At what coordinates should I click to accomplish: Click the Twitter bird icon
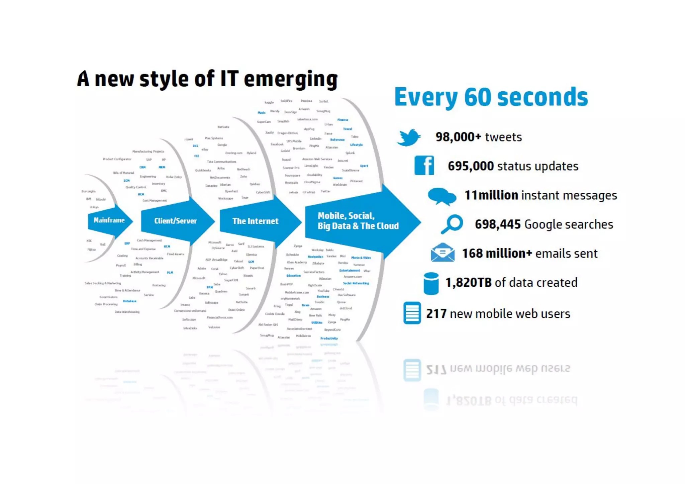409,137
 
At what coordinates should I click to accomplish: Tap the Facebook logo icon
424,166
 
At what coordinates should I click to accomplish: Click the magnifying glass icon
452,224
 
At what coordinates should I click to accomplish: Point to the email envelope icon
443,253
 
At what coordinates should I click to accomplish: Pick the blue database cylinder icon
431,283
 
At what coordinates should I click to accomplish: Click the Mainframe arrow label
109,220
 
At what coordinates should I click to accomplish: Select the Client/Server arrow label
175,221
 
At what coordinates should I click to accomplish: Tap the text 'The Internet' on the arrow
255,221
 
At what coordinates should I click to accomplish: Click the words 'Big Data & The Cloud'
358,226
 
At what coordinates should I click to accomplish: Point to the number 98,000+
458,137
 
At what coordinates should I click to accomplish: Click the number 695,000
471,166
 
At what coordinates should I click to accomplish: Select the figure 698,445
498,224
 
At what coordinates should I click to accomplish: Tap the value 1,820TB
468,283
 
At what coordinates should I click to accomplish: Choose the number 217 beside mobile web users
436,314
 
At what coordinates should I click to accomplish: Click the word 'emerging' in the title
291,80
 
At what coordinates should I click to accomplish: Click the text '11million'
491,195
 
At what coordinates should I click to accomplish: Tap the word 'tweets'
503,137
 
